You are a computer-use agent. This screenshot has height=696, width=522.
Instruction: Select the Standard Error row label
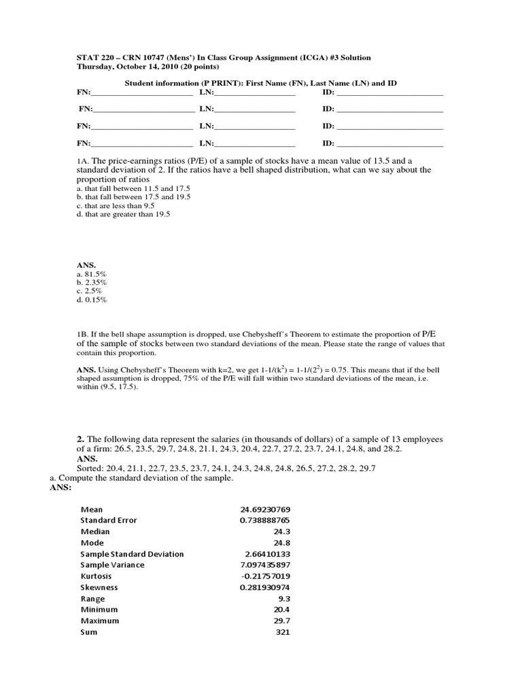click(x=109, y=520)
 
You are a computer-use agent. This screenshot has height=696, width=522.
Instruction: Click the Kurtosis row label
click(x=98, y=576)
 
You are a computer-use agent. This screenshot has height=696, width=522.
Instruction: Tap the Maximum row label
click(x=100, y=621)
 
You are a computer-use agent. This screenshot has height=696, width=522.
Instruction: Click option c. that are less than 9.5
click(x=116, y=205)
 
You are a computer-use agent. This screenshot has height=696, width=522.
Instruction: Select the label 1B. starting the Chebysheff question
click(x=84, y=334)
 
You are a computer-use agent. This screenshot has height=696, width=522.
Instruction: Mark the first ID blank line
click(x=389, y=92)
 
